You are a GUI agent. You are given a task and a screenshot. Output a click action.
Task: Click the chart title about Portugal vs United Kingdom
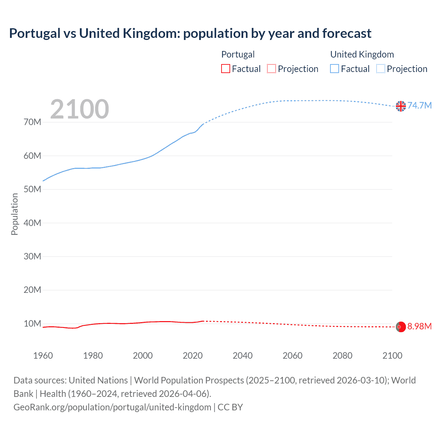[x=190, y=33]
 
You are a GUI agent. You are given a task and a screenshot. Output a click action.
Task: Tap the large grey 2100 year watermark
[x=80, y=109]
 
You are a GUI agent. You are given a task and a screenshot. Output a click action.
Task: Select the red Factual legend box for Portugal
[x=225, y=69]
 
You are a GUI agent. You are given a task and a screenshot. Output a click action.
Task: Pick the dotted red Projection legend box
[x=271, y=69]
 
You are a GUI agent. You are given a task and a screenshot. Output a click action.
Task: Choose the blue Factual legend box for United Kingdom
[x=335, y=69]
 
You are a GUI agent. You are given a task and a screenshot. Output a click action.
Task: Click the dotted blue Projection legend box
[x=381, y=69]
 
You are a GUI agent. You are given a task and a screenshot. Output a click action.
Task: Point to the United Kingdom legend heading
[x=362, y=54]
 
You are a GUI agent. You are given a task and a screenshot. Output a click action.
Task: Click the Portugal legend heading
[x=238, y=54]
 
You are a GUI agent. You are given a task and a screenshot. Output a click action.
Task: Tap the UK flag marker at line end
[x=401, y=106]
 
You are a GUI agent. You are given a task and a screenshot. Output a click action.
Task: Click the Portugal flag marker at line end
[x=401, y=327]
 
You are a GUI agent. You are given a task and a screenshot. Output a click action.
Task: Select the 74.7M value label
[x=420, y=105]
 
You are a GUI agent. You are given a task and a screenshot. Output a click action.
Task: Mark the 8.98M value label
[x=420, y=326]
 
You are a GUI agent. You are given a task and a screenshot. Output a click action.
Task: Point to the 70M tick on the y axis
[x=32, y=122]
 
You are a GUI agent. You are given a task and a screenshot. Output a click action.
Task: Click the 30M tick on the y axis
[x=32, y=256]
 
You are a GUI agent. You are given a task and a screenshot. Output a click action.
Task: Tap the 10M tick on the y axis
[x=32, y=324]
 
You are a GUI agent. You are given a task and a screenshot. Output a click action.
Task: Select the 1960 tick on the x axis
[x=43, y=356]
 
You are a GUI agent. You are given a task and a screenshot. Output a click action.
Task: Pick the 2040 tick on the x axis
[x=243, y=356]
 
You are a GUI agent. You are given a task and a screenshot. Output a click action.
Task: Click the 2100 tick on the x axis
[x=392, y=356]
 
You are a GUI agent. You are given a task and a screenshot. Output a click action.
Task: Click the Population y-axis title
[x=14, y=214]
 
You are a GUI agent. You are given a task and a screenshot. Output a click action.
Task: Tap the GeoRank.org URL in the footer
[x=112, y=407]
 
